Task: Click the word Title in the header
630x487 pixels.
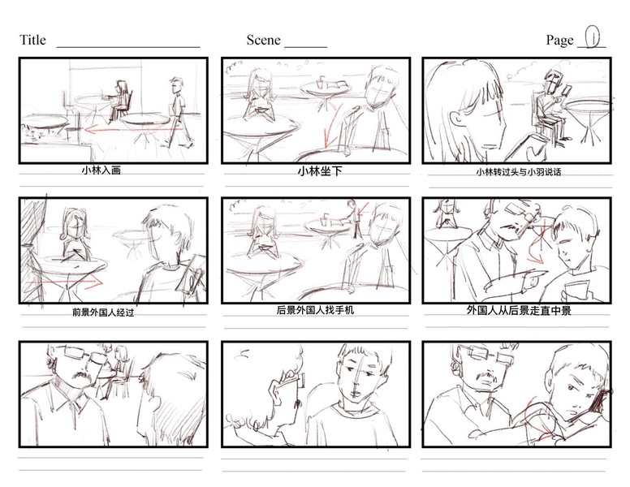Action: point(32,40)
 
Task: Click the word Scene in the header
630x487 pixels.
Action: point(264,40)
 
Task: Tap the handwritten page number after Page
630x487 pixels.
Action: point(592,37)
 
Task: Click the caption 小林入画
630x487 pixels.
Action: point(101,170)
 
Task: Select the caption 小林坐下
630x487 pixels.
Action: point(320,171)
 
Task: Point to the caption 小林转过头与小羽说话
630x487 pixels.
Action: point(519,172)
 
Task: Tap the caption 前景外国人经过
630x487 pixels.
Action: point(103,312)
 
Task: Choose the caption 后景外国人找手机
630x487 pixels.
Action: point(315,310)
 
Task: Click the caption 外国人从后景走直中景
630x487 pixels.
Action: point(519,310)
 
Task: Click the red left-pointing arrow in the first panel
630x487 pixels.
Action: point(132,129)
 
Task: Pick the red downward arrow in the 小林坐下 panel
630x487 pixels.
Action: point(332,127)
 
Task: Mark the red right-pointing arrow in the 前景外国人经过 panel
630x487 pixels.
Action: point(64,282)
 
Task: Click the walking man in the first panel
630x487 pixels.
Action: point(177,113)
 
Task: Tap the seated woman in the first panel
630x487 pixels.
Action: point(119,101)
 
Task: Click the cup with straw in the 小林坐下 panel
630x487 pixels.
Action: point(320,84)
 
